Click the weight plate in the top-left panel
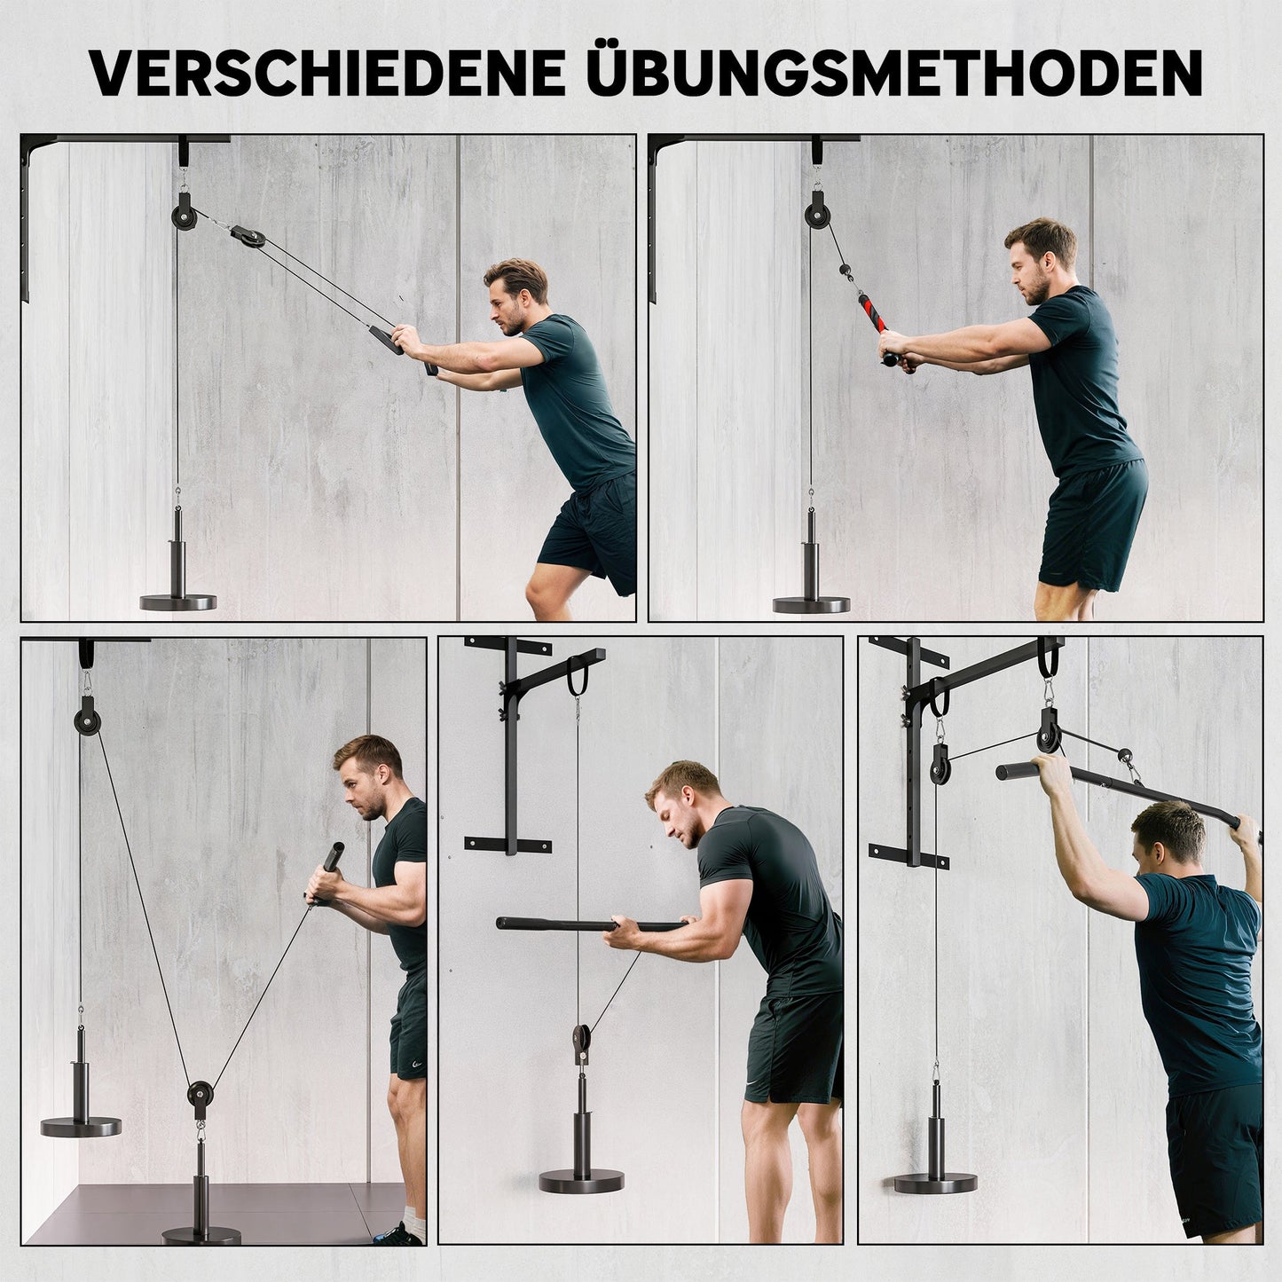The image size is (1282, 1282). [x=178, y=602]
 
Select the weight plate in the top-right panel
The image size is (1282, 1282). [x=811, y=604]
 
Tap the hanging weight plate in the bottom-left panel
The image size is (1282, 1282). [x=81, y=1127]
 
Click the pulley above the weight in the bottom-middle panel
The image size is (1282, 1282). [x=581, y=1038]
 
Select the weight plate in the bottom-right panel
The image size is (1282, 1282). [x=936, y=1182]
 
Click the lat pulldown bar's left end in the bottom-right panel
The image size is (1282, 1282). [x=1008, y=771]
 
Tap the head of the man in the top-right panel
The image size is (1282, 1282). [x=1038, y=257]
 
